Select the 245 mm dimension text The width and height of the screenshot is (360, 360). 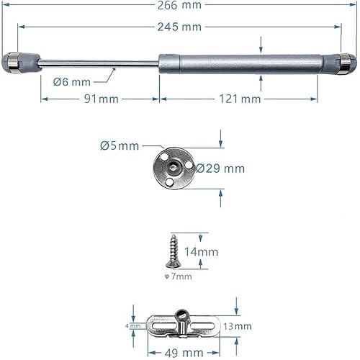point(181,27)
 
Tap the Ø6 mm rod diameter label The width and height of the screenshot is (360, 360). point(71,81)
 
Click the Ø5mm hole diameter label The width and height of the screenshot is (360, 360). point(119,145)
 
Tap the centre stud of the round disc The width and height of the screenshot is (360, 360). point(174,167)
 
